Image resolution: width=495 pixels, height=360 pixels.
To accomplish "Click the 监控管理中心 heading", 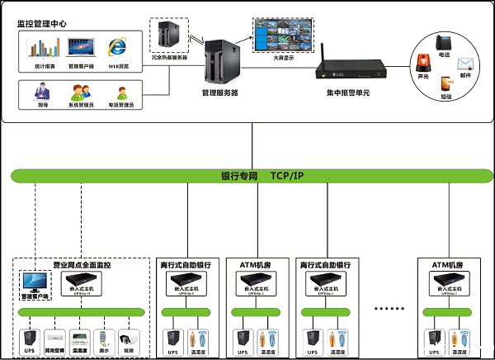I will coord(42,23).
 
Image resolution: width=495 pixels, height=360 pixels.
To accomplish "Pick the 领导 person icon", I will coord(42,90).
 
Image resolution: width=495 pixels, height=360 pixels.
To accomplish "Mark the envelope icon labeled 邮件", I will coord(466,63).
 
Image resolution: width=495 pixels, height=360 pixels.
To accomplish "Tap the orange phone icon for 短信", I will coord(446,83).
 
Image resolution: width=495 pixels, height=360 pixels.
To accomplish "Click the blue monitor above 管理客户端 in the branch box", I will coord(35,283).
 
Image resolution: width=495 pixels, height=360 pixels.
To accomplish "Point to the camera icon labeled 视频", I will coord(128,339).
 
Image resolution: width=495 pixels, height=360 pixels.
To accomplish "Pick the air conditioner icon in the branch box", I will coord(54,339).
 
